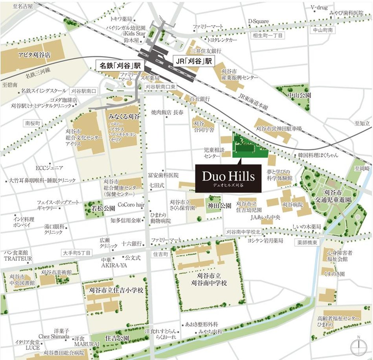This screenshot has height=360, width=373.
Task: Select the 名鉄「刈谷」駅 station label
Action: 121,65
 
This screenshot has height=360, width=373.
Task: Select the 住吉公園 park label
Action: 117,338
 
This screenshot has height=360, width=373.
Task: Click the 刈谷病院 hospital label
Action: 292,205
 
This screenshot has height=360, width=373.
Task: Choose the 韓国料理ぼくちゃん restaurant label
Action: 318,155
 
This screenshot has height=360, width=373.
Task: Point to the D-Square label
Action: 257,20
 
